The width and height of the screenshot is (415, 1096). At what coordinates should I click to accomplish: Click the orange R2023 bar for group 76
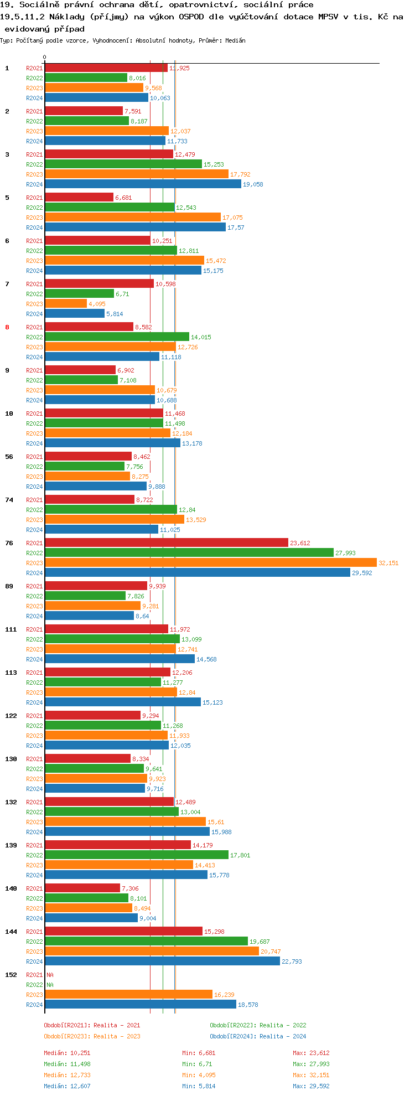(x=210, y=563)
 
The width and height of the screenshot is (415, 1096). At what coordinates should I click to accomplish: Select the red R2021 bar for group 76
(x=166, y=543)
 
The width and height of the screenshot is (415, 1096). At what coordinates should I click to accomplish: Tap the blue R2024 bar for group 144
(x=162, y=961)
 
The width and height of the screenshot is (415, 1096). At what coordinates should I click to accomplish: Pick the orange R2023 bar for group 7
(x=66, y=304)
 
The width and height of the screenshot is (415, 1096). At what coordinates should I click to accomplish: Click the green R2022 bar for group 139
(x=136, y=855)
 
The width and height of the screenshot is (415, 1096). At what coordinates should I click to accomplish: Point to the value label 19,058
(x=253, y=184)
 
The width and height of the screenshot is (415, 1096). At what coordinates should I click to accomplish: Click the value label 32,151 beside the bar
(x=388, y=563)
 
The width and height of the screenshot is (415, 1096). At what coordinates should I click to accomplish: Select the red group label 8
(x=7, y=327)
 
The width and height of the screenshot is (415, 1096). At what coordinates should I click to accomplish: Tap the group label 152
(x=11, y=975)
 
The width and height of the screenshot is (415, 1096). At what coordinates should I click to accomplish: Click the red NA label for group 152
(x=50, y=975)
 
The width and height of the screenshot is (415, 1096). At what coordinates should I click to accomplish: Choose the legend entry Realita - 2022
(x=258, y=1025)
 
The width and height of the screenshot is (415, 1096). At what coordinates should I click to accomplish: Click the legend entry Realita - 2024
(x=258, y=1036)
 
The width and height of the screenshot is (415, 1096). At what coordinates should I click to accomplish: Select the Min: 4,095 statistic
(x=199, y=1075)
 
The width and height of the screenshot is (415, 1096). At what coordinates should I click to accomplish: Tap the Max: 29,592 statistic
(x=311, y=1086)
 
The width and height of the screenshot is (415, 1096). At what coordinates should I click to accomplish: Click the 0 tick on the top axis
(x=45, y=57)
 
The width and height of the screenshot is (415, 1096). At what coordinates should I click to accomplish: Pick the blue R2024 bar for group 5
(x=135, y=228)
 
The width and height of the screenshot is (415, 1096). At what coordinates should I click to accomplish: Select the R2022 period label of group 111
(x=34, y=639)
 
